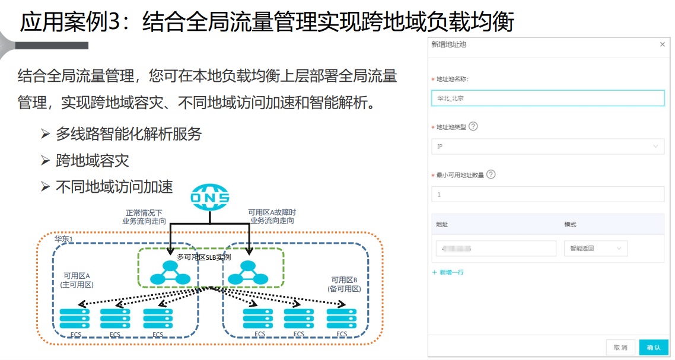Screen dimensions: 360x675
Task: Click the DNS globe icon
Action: click(x=209, y=197)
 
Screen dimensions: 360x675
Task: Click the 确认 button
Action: click(x=654, y=348)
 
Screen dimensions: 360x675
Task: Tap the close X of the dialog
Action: click(x=663, y=44)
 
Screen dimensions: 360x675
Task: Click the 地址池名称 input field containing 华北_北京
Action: click(x=547, y=98)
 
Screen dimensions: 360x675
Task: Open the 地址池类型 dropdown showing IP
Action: click(x=547, y=146)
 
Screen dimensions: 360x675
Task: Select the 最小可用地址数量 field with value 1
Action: click(x=547, y=194)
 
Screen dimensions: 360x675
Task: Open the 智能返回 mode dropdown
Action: click(x=596, y=249)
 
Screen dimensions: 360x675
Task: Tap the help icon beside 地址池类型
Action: click(x=473, y=126)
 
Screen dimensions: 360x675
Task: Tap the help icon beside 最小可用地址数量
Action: click(x=491, y=174)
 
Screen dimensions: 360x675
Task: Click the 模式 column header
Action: click(x=570, y=225)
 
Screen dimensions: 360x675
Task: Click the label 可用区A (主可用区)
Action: click(x=77, y=280)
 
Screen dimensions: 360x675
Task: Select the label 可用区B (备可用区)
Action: click(x=344, y=284)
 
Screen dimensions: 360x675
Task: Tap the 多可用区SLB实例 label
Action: click(x=203, y=257)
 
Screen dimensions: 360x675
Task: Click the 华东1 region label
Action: click(x=63, y=238)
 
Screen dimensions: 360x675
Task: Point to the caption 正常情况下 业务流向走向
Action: click(x=144, y=216)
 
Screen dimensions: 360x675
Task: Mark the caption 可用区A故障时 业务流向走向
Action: click(x=272, y=216)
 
